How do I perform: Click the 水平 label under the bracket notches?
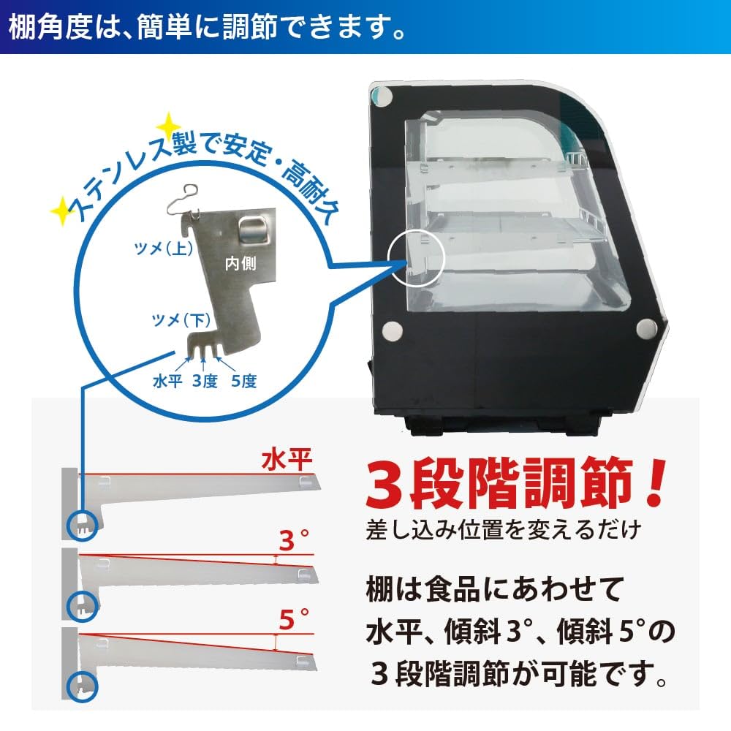pyautogui.click(x=167, y=381)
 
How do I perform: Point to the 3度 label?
pyautogui.click(x=205, y=381)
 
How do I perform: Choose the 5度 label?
pyautogui.click(x=243, y=381)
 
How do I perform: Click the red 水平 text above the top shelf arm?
pyautogui.click(x=288, y=461)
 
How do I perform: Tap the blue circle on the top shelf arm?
pyautogui.click(x=81, y=523)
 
